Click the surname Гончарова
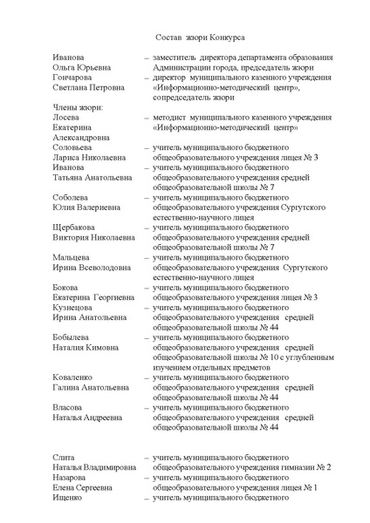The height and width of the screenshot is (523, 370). (x=71, y=77)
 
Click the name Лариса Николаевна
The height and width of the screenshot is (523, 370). (x=88, y=157)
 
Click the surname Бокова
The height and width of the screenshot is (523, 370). (x=65, y=289)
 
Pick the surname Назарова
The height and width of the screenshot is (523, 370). (x=69, y=479)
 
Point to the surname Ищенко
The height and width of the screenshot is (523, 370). (x=67, y=499)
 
